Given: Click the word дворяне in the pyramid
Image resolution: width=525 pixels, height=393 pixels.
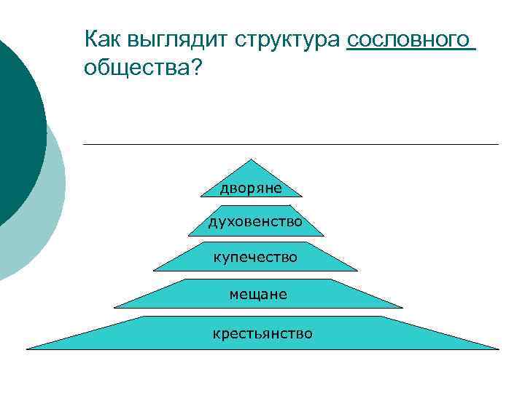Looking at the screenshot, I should pos(251,188).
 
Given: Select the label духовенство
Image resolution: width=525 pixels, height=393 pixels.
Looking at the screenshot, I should pos(254,221).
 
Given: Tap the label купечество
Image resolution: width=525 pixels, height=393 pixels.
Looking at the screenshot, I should pos(254,256).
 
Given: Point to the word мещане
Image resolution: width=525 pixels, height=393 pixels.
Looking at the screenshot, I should pos(258,295).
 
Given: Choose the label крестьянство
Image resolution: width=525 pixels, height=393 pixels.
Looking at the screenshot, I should pos(262,333).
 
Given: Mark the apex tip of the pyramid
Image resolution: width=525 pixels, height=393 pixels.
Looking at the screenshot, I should pos(252,159).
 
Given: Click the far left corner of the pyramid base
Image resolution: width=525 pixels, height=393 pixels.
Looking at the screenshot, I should pos(28,349).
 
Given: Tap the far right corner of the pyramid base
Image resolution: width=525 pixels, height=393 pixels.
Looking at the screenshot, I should pos(499,349).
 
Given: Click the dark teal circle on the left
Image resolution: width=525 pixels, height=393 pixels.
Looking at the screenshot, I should pos(15,124).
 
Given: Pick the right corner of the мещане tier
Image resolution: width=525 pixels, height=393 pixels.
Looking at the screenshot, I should pos(402,307).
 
